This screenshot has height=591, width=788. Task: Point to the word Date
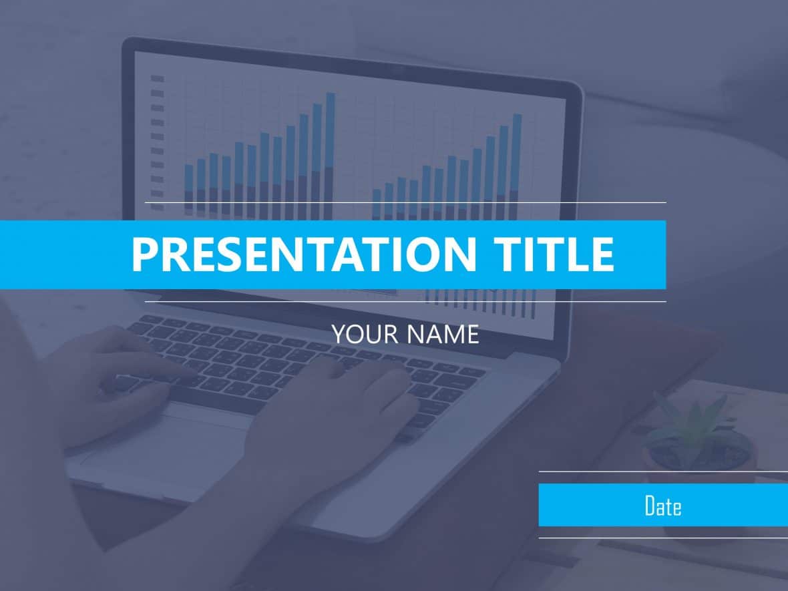pos(662,506)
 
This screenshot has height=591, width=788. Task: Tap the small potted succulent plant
pos(695,434)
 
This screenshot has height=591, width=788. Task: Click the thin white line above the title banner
pos(405,202)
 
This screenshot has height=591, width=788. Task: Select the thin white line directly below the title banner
pos(405,302)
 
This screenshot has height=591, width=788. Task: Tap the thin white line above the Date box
pos(662,471)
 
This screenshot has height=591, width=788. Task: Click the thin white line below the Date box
pos(662,538)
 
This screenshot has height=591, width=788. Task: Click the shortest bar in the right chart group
pos(377,203)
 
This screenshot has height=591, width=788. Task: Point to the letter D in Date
pos(650,506)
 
